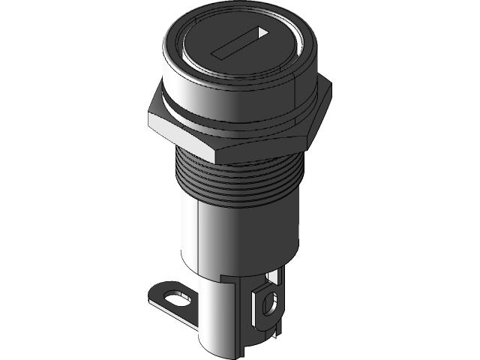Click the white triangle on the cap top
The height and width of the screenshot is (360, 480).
pos(260,33)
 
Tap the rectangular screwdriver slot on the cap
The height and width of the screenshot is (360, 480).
pos(236,44)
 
